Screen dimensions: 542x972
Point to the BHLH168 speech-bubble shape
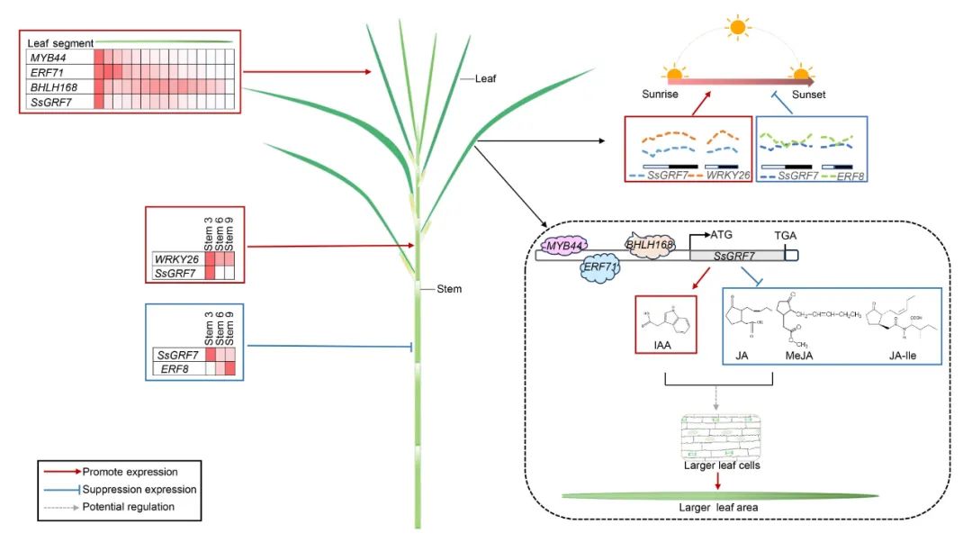click(x=649, y=244)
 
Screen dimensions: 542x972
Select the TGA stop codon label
click(x=786, y=235)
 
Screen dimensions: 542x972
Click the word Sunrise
click(x=661, y=95)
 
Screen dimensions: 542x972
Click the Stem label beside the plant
click(x=449, y=289)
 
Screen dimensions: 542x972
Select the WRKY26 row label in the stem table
click(x=178, y=260)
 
